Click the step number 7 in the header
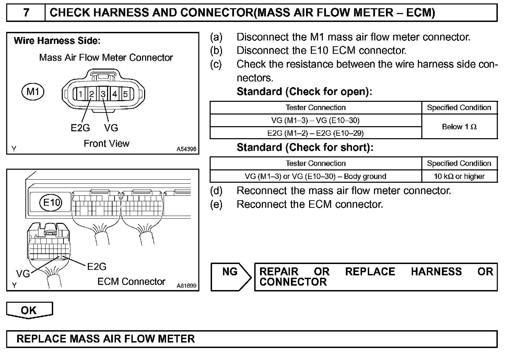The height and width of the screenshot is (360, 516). pos(26,13)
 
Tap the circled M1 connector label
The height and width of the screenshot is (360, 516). pos(33,92)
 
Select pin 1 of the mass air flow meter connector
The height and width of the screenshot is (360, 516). pos(80,94)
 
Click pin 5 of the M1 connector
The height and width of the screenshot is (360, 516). pos(126,94)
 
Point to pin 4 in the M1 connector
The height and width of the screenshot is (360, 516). pos(115,94)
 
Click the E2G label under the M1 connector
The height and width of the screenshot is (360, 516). pos(80,128)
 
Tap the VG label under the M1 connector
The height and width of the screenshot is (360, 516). pos(111,128)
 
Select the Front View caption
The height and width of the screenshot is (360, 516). pos(106,143)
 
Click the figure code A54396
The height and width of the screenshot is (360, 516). pos(187,149)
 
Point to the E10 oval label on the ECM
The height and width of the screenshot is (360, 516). pos(51,202)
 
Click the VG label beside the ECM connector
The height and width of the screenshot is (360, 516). pos(23,274)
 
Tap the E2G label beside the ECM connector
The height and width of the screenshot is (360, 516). pos(97,266)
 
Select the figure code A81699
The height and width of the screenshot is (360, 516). pos(187,285)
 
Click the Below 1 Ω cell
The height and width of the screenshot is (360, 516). pos(459,127)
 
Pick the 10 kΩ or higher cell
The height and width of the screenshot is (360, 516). pos(459,177)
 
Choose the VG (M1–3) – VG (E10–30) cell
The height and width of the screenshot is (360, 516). pos(315,120)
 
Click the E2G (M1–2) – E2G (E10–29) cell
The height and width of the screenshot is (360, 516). pos(315,133)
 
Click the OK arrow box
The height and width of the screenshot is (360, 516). pos(29,310)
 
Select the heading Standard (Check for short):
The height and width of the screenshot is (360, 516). pos(305,148)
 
